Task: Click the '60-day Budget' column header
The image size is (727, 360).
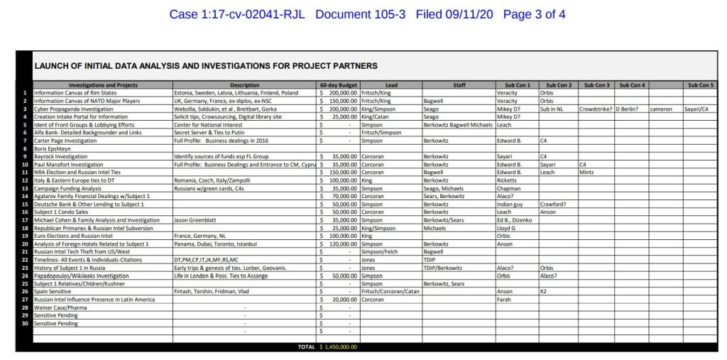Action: point(337,85)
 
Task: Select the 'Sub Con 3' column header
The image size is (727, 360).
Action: point(597,85)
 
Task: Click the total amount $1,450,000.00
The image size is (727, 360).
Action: point(338,347)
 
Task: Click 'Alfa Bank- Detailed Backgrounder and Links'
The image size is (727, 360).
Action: point(88,132)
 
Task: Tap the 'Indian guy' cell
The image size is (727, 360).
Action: point(510,204)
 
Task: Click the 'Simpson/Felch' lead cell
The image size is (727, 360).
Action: point(382,251)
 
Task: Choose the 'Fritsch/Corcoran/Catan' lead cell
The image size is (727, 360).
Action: point(390,291)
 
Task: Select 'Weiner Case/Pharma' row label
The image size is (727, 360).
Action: point(61,307)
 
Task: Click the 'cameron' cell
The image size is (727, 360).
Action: point(662,109)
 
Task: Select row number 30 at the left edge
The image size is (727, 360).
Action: point(25,323)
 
